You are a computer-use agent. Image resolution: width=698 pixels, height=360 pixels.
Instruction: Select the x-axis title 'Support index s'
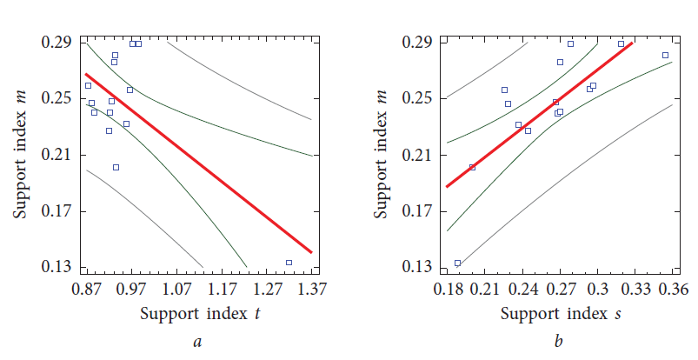click(x=561, y=312)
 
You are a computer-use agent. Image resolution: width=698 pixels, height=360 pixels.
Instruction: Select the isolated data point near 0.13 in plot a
click(x=289, y=263)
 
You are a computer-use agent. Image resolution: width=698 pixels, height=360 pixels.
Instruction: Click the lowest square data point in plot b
click(x=458, y=263)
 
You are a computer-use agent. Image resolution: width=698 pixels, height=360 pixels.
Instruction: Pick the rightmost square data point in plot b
click(x=665, y=55)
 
